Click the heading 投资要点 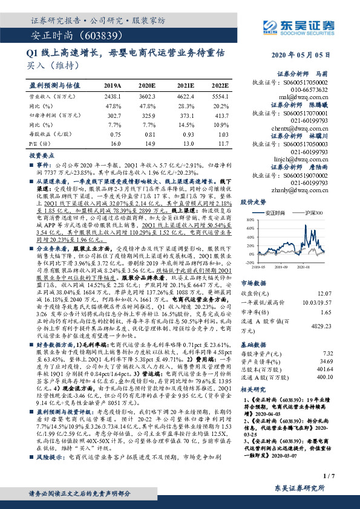click(x=43, y=155)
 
